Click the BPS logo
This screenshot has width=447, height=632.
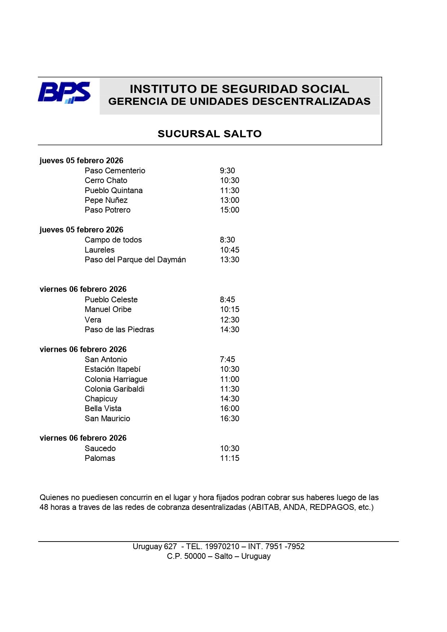pos(64,93)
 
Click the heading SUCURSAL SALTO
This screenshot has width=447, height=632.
pos(209,134)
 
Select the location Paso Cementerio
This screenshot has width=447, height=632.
pos(115,171)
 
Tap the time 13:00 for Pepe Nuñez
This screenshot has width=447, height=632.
pos(230,200)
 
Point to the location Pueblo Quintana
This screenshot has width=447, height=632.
pos(114,191)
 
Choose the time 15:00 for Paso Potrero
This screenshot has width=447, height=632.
pos(230,210)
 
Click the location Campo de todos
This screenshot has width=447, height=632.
pos(113,240)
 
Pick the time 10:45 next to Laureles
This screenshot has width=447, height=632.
pos(230,250)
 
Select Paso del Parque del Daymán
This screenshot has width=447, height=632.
pos(135,260)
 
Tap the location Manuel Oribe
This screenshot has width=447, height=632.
pos(108,310)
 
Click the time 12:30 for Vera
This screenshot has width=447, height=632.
pos(230,320)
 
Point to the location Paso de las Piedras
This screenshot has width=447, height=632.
pos(119,330)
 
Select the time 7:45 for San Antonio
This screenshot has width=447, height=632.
pos(227,360)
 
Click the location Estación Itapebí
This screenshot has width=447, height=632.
pos(112,369)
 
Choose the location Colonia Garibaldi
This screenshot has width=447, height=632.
pos(114,389)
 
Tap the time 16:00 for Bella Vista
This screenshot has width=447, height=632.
pos(230,409)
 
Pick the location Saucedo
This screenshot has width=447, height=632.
pos(100,449)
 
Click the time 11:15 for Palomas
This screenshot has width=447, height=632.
pos(230,458)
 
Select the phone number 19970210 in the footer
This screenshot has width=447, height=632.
pos(222,547)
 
